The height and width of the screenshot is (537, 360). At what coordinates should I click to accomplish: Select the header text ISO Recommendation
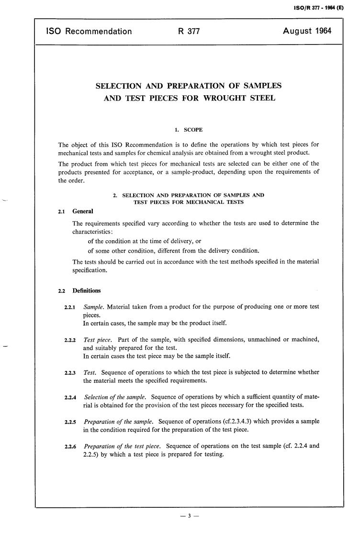[x=89, y=32]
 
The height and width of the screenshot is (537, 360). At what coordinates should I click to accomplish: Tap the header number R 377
[x=188, y=32]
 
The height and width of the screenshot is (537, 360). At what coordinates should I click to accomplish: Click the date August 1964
[x=307, y=32]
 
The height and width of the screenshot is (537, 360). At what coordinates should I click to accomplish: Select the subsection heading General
[x=83, y=211]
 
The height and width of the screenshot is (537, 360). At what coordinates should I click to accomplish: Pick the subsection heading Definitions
[x=87, y=290]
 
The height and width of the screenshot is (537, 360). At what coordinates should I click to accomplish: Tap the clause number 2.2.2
[x=70, y=340]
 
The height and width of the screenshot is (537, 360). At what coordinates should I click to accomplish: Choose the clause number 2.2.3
[x=70, y=373]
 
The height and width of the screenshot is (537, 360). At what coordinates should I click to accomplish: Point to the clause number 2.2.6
[x=70, y=447]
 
